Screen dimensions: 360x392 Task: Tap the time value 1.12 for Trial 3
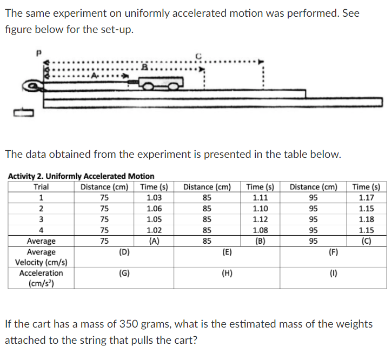(x=261, y=219)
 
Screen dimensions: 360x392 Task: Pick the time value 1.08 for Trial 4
(x=261, y=230)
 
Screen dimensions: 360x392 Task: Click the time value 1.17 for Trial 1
(x=367, y=198)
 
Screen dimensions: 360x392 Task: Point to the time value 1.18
(x=367, y=219)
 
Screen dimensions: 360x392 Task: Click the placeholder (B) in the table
(x=261, y=241)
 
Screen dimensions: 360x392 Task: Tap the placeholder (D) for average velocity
(x=124, y=252)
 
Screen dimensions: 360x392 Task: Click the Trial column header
(x=41, y=187)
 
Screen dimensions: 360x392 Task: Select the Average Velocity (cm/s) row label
(x=41, y=257)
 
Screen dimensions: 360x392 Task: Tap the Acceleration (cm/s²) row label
(x=41, y=278)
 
